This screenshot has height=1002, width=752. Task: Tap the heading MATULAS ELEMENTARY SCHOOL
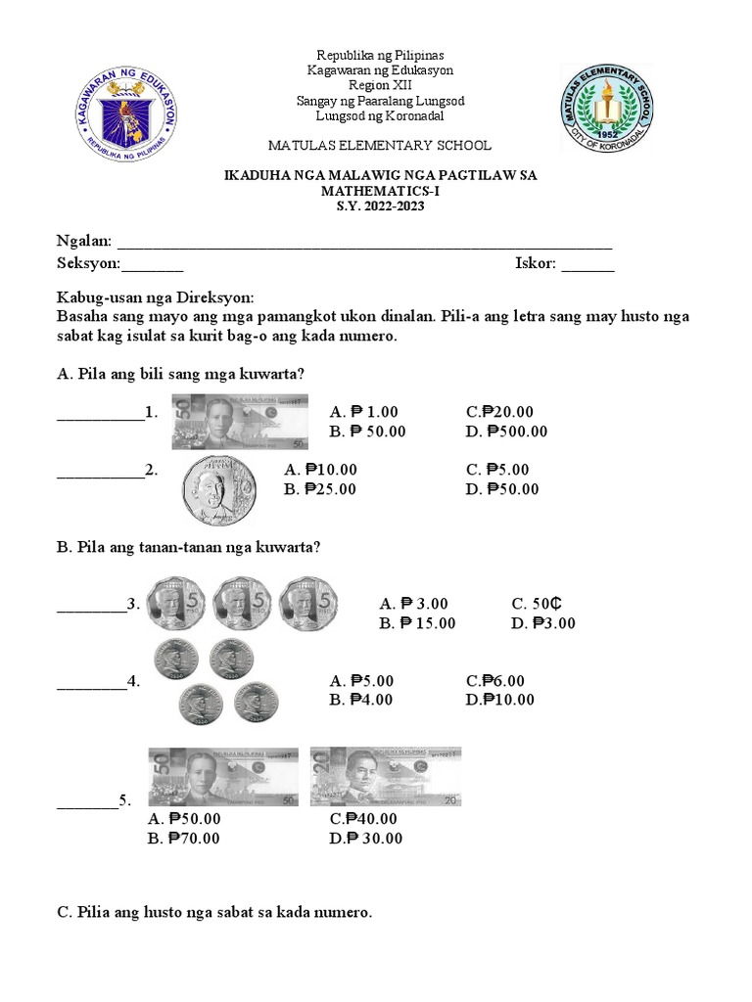click(x=380, y=146)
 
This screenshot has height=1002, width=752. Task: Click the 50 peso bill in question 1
click(x=240, y=421)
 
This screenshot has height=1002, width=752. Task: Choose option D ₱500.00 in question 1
click(x=506, y=432)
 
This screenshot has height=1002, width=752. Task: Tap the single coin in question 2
click(x=218, y=489)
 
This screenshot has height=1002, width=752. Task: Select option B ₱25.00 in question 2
click(x=320, y=489)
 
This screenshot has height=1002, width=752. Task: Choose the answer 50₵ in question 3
click(x=535, y=604)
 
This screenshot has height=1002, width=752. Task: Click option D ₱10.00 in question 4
click(x=500, y=699)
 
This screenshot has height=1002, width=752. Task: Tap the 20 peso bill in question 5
click(x=386, y=777)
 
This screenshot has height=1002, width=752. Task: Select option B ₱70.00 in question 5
click(x=184, y=838)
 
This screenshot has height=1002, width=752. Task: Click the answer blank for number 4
click(x=91, y=682)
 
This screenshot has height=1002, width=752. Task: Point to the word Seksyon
click(x=89, y=263)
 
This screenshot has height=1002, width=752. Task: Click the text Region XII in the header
click(x=376, y=86)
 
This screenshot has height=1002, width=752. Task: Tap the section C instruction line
click(x=214, y=913)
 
